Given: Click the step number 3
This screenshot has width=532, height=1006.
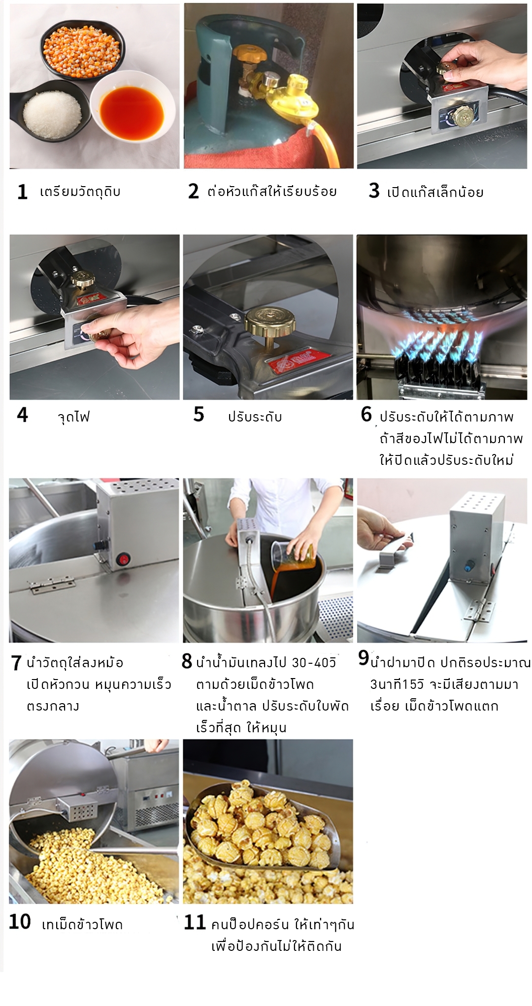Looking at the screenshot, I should (374, 191).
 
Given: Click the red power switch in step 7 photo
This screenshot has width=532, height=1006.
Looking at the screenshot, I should (122, 560).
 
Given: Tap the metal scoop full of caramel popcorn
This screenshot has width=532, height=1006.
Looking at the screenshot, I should (261, 827).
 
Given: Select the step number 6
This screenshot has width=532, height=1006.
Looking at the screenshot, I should (366, 414).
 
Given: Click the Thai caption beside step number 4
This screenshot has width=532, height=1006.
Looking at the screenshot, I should (74, 417).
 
